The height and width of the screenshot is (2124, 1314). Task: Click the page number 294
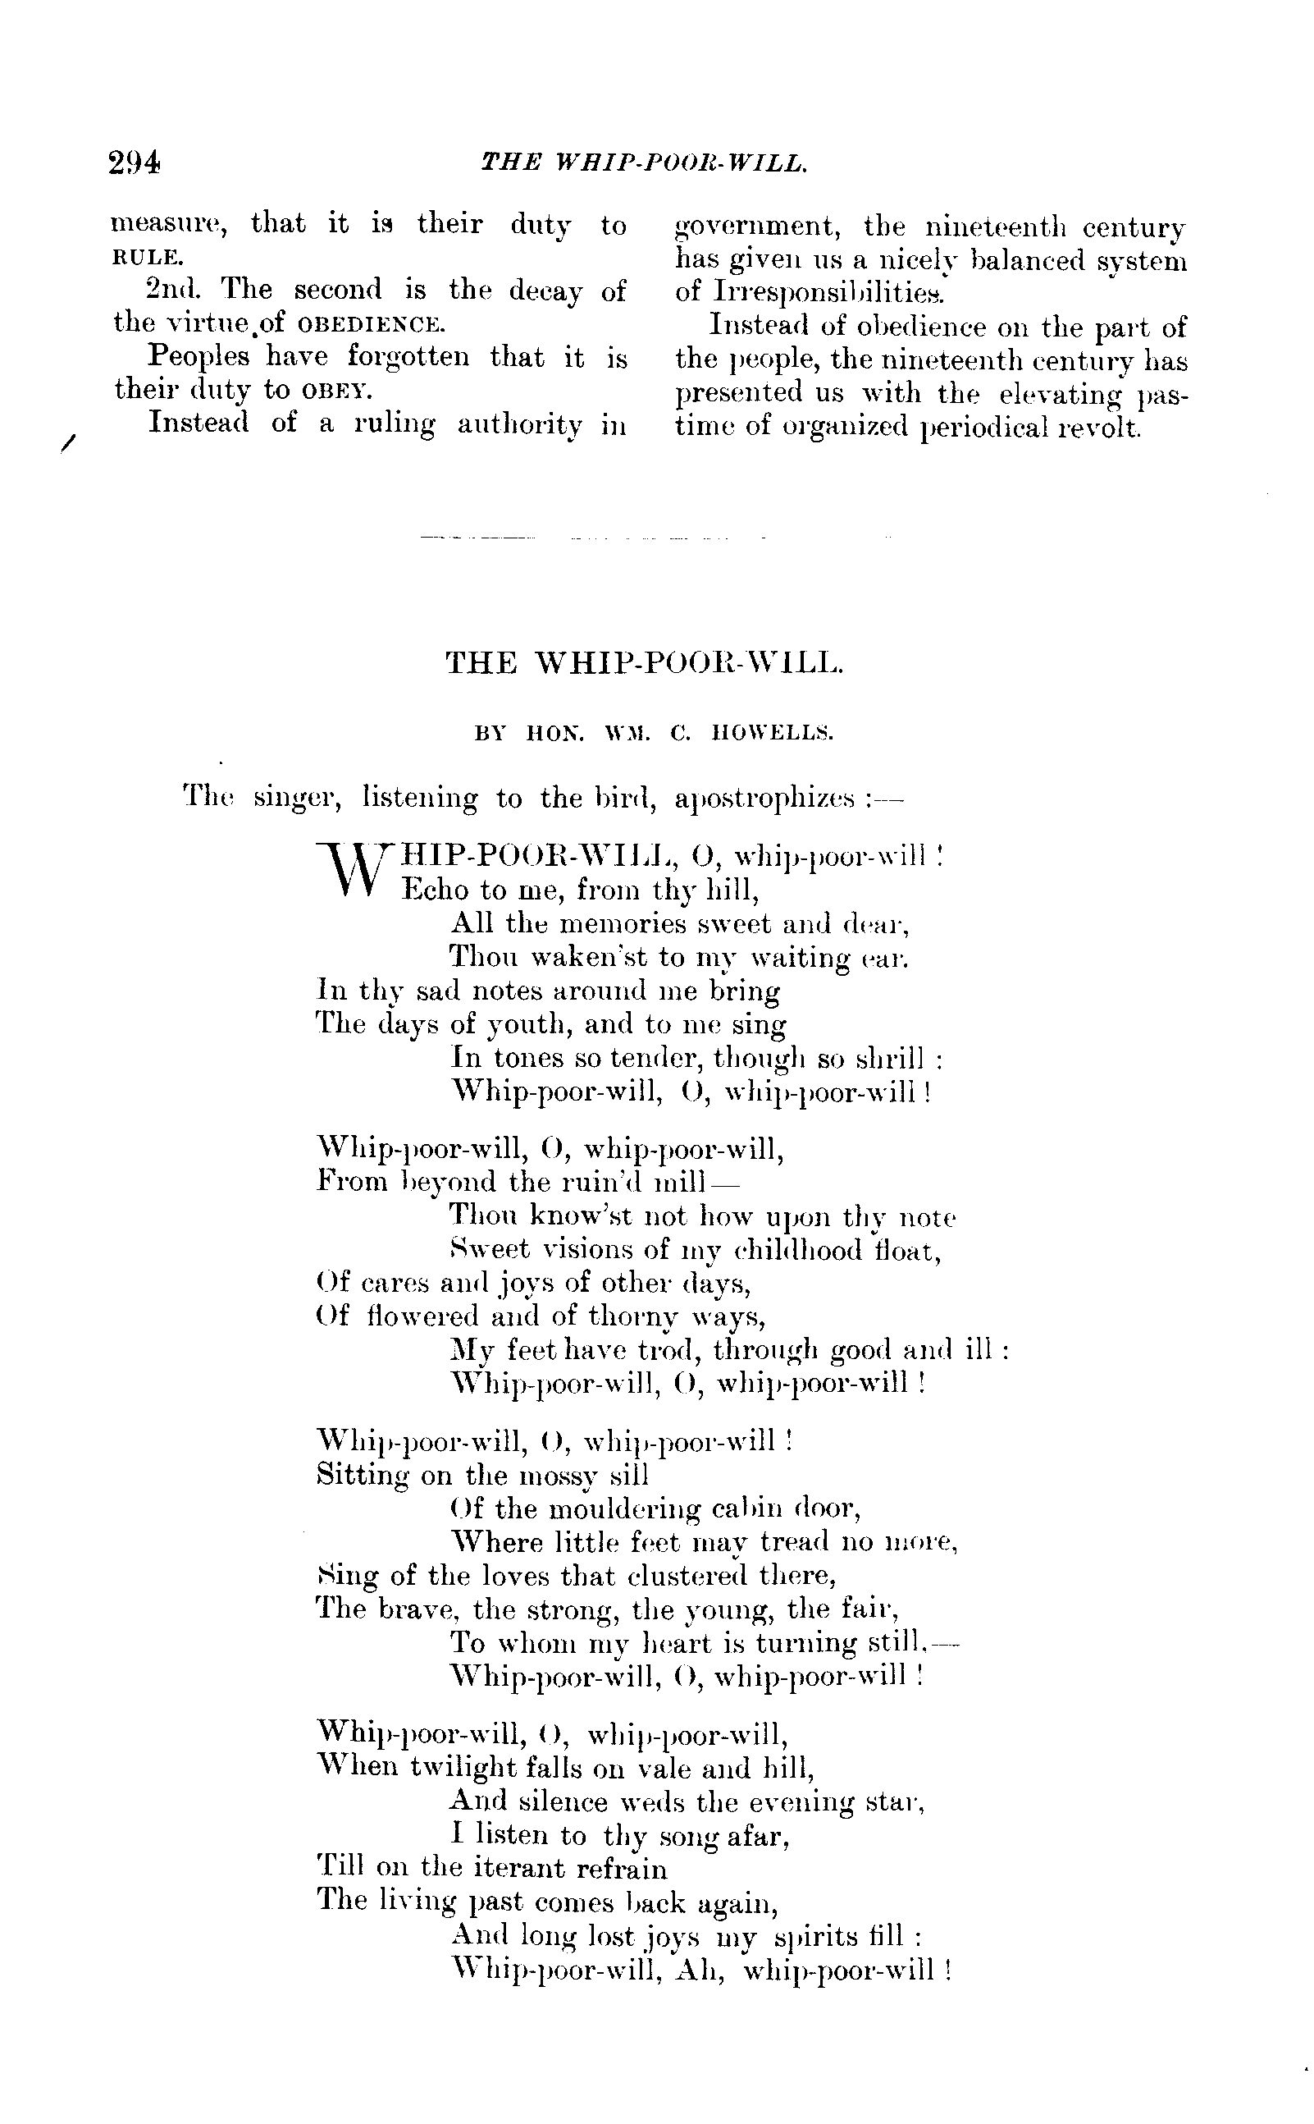[x=135, y=163]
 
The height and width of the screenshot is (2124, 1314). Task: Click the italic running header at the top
[x=644, y=162]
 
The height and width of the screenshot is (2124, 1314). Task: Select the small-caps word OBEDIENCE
[x=371, y=325]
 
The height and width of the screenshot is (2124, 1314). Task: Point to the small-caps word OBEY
[x=336, y=391]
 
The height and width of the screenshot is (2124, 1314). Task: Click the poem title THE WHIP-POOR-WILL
[x=644, y=663]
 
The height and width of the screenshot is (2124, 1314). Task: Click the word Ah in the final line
[x=702, y=1968]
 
